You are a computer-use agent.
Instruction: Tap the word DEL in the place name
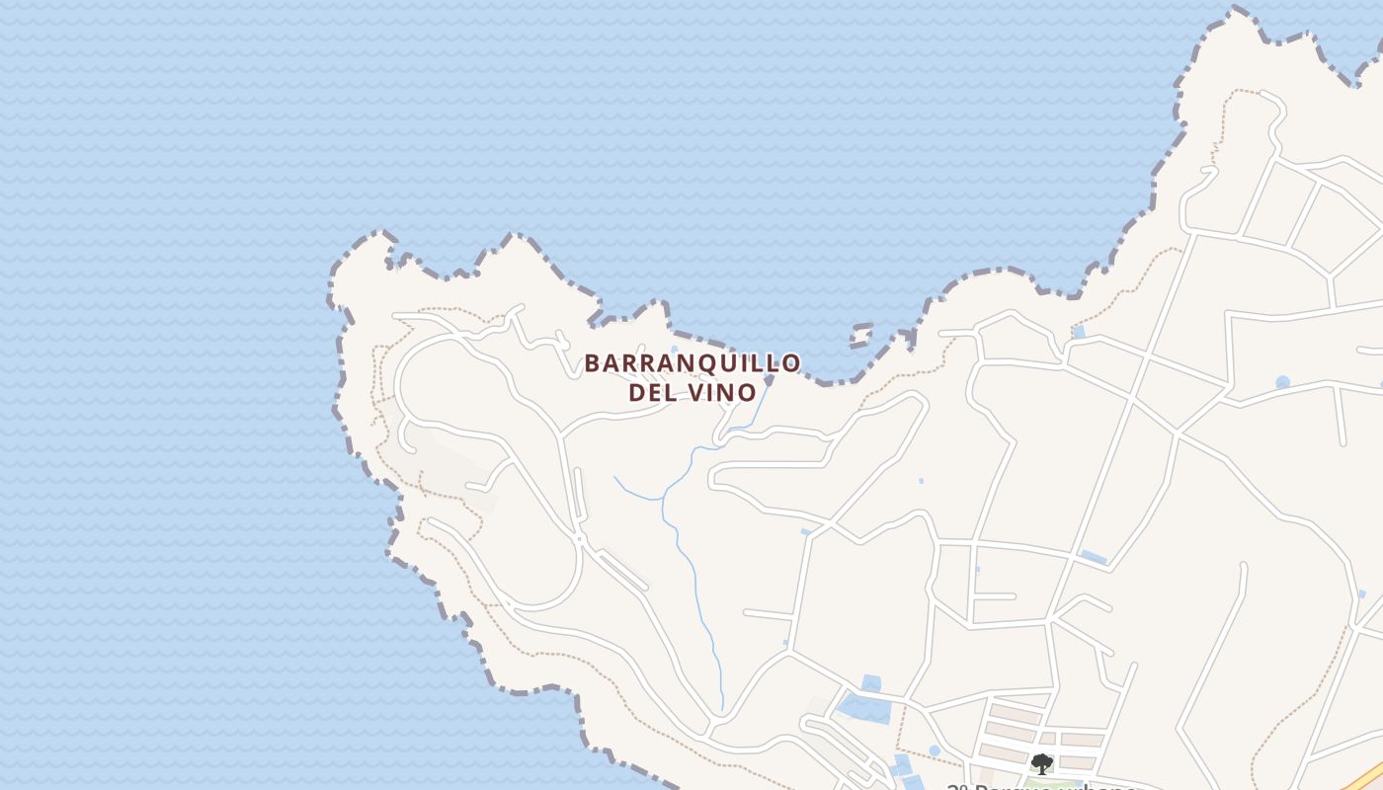(x=652, y=392)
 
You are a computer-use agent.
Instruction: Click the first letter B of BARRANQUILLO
(x=592, y=363)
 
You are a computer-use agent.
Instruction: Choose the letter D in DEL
(x=637, y=392)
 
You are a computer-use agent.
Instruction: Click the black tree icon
(x=1041, y=763)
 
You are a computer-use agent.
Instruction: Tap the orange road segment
(x=1368, y=775)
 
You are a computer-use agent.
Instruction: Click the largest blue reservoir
(x=861, y=707)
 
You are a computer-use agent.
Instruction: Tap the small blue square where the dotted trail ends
(x=1078, y=332)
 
